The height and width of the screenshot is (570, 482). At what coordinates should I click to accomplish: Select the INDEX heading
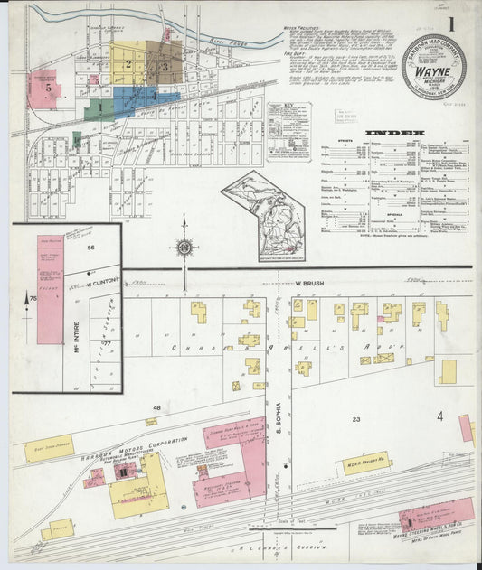394,134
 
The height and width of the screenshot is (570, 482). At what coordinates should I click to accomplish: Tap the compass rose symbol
184,245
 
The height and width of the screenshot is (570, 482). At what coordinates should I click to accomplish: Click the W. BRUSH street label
309,283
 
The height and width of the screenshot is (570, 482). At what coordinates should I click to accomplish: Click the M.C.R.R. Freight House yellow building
365,462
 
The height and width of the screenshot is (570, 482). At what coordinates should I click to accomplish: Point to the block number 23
356,419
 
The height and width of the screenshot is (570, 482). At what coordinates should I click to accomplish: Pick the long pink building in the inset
50,289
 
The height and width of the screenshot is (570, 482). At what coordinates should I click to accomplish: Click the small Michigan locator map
264,217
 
